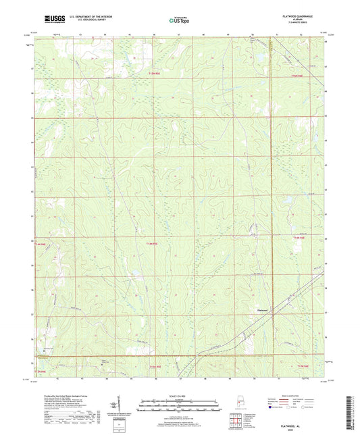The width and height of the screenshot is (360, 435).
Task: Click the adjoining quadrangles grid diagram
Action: coord(236,418)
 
